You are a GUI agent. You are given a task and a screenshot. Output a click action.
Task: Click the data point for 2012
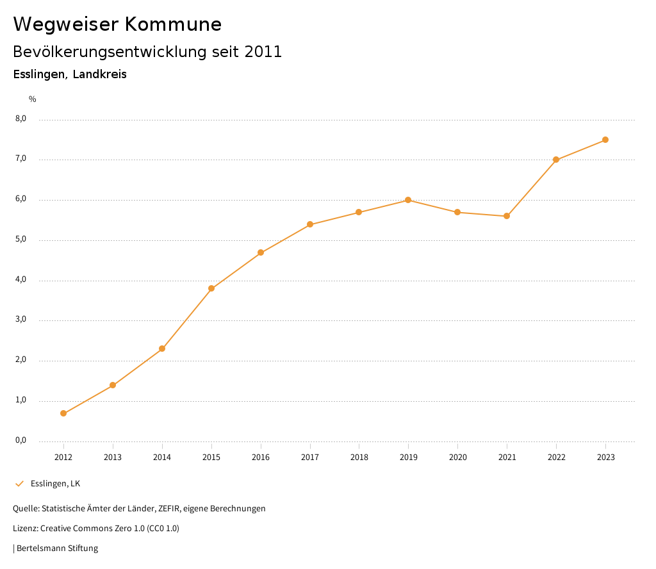pos(63,413)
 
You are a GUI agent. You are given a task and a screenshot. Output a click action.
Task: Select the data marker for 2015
pos(211,288)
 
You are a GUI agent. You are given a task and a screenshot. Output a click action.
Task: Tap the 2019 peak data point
pos(408,200)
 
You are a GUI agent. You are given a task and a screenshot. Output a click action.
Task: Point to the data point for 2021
pos(507,216)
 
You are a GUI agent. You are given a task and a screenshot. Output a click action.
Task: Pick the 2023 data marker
pos(605,140)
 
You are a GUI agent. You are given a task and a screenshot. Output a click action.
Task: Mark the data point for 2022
pos(556,160)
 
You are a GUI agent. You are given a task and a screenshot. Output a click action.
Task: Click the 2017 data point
pos(310,224)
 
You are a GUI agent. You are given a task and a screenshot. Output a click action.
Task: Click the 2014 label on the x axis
pos(162,457)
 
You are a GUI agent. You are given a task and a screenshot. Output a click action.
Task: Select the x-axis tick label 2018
pos(359,457)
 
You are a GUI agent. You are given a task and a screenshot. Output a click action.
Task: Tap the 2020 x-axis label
pos(457,457)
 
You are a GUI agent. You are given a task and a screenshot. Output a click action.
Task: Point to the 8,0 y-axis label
pos(20,119)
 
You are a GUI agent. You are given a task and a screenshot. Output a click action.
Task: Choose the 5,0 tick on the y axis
pos(20,239)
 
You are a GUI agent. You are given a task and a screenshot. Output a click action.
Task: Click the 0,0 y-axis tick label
pos(20,440)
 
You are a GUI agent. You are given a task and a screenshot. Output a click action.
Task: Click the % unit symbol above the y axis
pos(33,99)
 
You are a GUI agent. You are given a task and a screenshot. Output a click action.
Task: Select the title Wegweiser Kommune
pos(117,24)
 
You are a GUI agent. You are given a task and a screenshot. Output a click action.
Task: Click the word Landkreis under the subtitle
pos(99,74)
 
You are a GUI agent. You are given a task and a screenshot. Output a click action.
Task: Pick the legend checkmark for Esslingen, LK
pos(19,483)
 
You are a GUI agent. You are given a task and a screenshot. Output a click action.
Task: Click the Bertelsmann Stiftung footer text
pos(57,548)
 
